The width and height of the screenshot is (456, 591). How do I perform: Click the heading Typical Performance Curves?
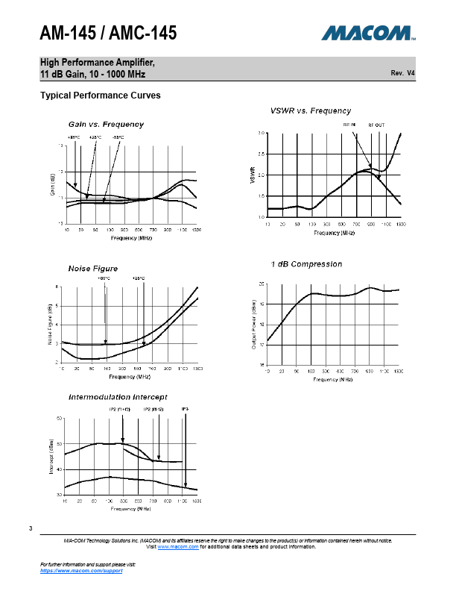(x=100, y=96)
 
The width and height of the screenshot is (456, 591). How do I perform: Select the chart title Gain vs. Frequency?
(x=106, y=124)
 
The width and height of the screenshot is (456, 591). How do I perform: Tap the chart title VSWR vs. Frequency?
(x=310, y=110)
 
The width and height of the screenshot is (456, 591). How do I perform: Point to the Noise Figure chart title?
(x=94, y=268)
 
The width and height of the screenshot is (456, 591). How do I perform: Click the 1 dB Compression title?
(x=306, y=264)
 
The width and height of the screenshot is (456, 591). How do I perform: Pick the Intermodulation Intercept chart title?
(x=118, y=396)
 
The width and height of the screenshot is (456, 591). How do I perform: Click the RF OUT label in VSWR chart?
(x=376, y=125)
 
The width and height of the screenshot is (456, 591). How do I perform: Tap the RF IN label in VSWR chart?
(x=349, y=125)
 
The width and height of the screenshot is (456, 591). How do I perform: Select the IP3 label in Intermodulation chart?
(x=185, y=410)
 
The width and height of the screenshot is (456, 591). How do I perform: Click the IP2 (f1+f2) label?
(x=123, y=410)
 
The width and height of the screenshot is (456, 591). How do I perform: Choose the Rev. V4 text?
(x=402, y=73)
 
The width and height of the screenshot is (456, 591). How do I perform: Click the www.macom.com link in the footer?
(x=177, y=547)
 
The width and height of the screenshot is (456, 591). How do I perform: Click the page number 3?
(x=31, y=529)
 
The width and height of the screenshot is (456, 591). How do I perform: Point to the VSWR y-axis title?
(x=253, y=175)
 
